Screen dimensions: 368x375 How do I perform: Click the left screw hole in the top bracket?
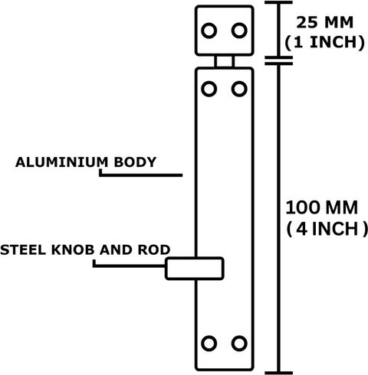pyautogui.click(x=209, y=31)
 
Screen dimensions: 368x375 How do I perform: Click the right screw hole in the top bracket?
pyautogui.click(x=239, y=31)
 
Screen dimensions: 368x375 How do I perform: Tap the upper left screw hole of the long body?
pyautogui.click(x=209, y=89)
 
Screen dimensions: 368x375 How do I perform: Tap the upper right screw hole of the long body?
pyautogui.click(x=239, y=89)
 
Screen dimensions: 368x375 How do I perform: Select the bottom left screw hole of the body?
pyautogui.click(x=209, y=344)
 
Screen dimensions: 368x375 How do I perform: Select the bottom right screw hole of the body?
pyautogui.click(x=239, y=344)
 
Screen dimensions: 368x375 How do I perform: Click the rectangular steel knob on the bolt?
pyautogui.click(x=195, y=269)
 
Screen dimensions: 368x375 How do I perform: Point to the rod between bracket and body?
pyautogui.click(x=224, y=61)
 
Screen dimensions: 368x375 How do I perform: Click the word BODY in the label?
pyautogui.click(x=135, y=162)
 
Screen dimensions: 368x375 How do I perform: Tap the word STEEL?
pyautogui.click(x=23, y=249)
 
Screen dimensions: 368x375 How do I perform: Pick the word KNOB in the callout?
pyautogui.click(x=73, y=249)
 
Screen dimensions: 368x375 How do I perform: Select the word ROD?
pyautogui.click(x=154, y=249)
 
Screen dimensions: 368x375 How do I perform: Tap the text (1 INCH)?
pyautogui.click(x=324, y=42)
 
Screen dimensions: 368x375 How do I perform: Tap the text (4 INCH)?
pyautogui.click(x=327, y=229)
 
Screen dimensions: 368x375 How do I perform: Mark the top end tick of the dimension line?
pyautogui.click(x=278, y=2)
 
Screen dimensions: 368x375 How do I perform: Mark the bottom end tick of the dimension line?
pyautogui.click(x=278, y=373)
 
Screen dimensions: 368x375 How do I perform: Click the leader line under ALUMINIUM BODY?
pyautogui.click(x=140, y=175)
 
